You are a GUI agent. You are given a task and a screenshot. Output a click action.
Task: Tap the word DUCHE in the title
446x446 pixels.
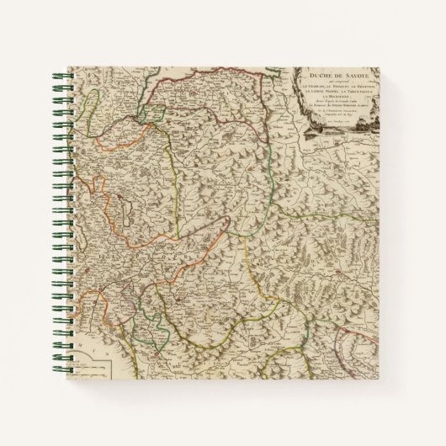316,75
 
